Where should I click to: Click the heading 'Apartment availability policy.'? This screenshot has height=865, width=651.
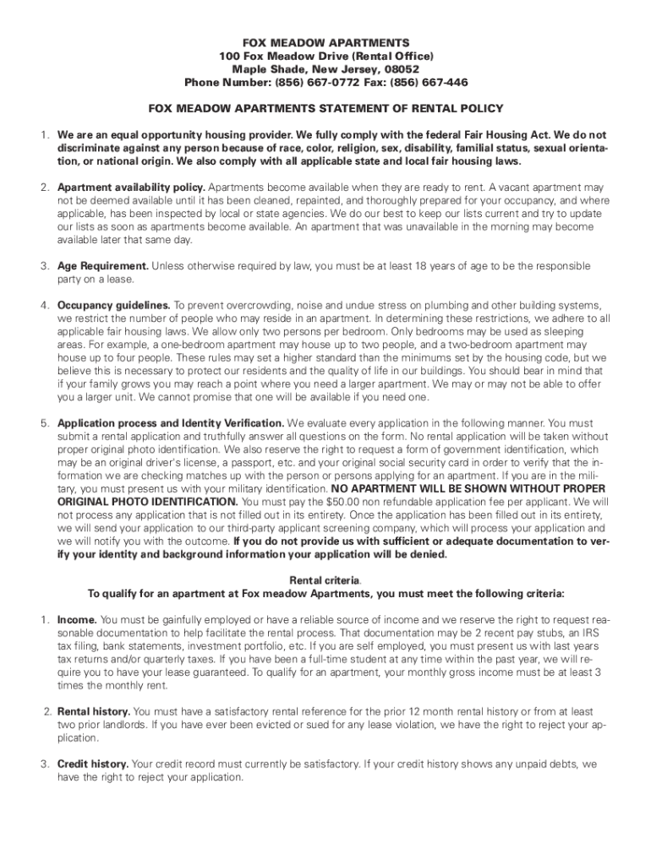click(131, 187)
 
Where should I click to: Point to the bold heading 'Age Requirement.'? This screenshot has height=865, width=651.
click(103, 266)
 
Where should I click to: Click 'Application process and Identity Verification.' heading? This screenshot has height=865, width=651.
click(171, 422)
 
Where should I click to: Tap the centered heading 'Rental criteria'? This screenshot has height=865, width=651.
click(325, 580)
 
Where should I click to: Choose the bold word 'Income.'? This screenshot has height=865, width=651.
click(77, 619)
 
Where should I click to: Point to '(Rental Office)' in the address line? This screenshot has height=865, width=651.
click(392, 55)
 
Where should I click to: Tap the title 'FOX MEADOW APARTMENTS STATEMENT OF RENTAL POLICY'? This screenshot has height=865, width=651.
click(325, 108)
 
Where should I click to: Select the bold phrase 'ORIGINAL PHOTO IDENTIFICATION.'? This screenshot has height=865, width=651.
click(137, 501)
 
